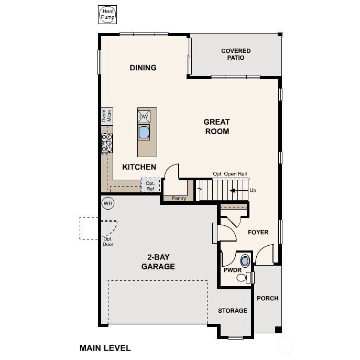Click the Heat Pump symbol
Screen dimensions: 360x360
point(107,14)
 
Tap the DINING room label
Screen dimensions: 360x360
point(143,68)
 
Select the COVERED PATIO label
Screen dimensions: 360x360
point(236,54)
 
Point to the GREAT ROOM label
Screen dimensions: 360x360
point(217,127)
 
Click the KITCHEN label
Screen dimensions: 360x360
point(139,167)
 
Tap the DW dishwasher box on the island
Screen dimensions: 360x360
point(144,116)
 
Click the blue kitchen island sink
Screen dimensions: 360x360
point(144,132)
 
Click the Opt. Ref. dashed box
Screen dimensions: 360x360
point(150,186)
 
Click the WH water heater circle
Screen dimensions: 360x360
point(108,203)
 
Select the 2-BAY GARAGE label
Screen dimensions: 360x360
point(158,262)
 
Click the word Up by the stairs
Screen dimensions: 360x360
point(253,190)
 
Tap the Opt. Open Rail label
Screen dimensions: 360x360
point(230,174)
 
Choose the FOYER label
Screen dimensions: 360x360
point(258,232)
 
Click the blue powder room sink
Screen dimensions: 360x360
point(245,260)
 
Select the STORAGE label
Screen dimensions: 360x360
point(233,311)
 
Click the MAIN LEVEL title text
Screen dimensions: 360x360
point(105,347)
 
